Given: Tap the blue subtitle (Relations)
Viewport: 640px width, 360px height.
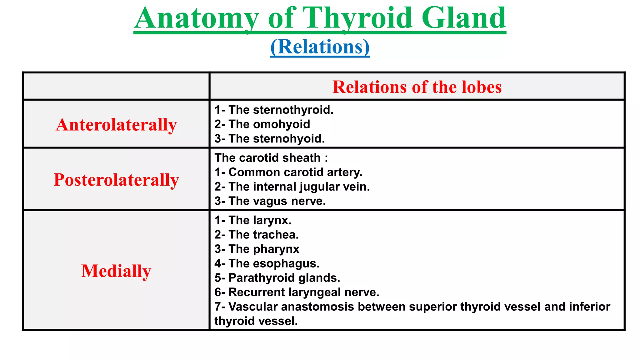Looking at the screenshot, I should click(x=320, y=47).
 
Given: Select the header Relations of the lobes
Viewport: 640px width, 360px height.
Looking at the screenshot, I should click(x=417, y=87).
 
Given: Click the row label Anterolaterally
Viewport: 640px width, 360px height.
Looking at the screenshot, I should click(x=116, y=124).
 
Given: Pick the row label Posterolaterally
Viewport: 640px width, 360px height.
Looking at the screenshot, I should click(x=116, y=180).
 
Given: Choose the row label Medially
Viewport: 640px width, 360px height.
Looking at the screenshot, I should click(x=116, y=271).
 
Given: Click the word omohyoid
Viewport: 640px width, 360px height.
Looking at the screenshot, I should click(x=281, y=124).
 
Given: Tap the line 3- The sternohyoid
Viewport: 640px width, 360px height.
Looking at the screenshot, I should click(x=270, y=139).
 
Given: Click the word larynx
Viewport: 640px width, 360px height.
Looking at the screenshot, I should click(x=272, y=220).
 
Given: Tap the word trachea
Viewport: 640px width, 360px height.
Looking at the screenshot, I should click(x=275, y=235).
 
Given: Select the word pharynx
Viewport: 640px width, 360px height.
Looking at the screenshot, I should click(x=276, y=249).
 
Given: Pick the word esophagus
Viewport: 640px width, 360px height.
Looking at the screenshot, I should click(x=286, y=263).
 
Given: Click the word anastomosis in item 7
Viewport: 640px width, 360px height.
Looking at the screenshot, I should click(x=317, y=307).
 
